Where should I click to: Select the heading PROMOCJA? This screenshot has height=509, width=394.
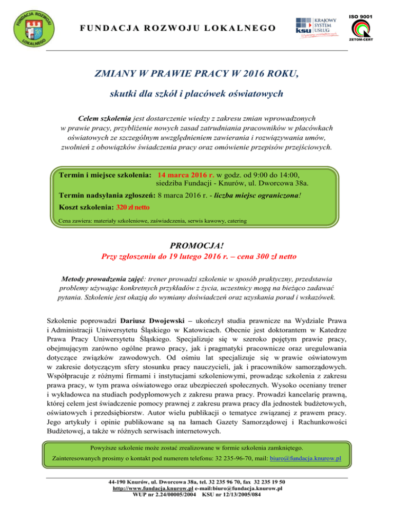[x=197, y=245]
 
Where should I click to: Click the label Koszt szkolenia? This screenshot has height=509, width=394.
[x=86, y=208]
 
